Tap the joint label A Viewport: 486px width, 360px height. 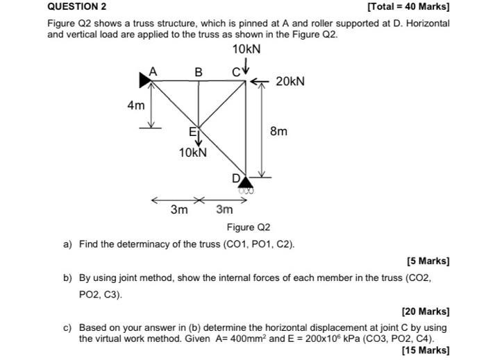(154, 71)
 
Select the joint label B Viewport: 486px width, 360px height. (199, 71)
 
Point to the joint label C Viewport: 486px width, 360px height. (236, 71)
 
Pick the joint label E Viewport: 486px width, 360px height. (194, 132)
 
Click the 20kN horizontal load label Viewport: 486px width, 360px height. (290, 82)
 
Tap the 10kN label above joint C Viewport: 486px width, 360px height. (246, 49)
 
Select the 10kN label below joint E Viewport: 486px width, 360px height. (193, 152)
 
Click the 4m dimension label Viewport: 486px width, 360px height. (136, 106)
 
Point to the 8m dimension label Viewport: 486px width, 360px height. (278, 131)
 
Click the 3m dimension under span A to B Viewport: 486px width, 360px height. (179, 209)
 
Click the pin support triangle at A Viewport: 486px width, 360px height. (145, 80)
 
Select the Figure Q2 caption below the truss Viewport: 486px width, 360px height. (248, 228)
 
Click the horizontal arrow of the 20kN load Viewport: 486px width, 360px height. (258, 82)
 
